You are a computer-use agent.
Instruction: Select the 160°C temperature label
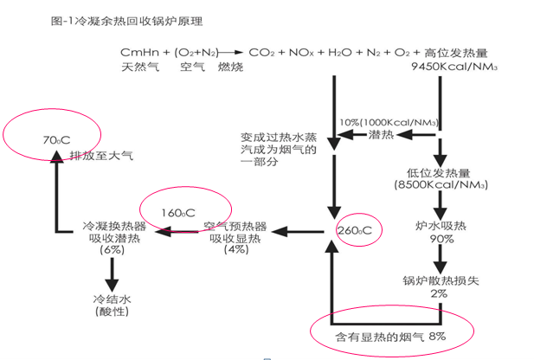tap(178, 211)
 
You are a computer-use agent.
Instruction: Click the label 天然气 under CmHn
tap(139, 67)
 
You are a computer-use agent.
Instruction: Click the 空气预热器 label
tap(235, 226)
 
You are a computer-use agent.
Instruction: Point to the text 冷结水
tap(111, 299)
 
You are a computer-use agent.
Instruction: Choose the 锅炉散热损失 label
tap(439, 280)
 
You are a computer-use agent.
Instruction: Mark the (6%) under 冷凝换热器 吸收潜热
tap(111, 250)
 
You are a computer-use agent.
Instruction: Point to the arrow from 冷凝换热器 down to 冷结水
tap(111, 274)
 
